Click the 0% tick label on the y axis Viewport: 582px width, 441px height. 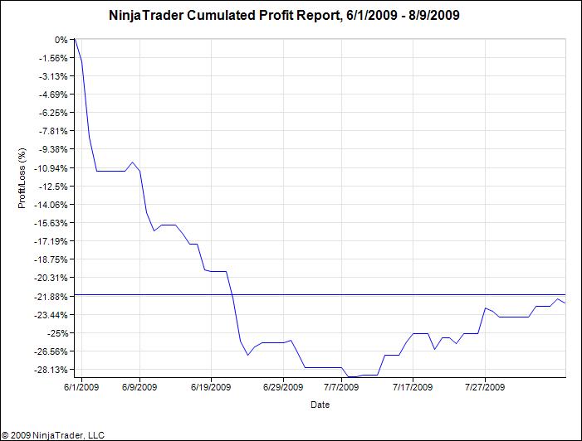tap(61, 40)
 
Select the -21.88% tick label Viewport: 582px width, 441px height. tap(51, 296)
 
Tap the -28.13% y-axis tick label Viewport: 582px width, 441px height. tap(51, 369)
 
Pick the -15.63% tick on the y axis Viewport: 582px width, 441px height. tap(51, 223)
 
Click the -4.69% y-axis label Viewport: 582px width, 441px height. tap(54, 94)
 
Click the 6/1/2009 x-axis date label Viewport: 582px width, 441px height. tap(81, 386)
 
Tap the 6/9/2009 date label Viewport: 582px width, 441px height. tap(139, 386)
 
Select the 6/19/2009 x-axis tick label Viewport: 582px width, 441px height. tap(211, 386)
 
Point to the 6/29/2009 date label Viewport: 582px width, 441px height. tap(283, 386)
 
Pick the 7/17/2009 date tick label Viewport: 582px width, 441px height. tap(413, 386)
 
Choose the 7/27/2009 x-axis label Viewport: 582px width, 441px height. tap(485, 386)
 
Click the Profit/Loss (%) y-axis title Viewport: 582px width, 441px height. tap(23, 178)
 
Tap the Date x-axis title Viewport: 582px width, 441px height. tap(320, 405)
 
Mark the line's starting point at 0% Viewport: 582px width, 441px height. tap(75, 40)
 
